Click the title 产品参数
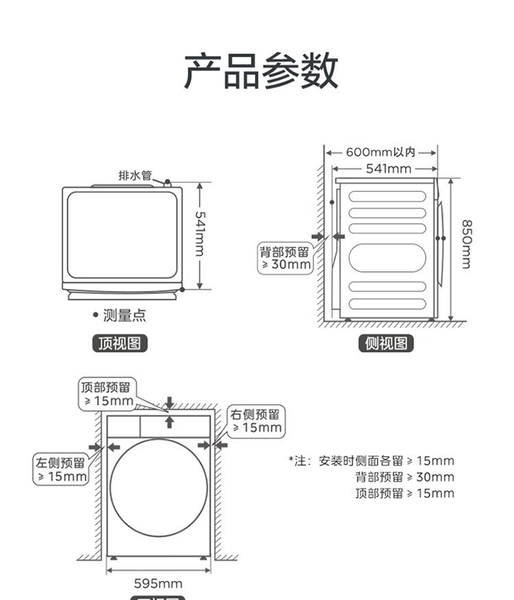point(260,70)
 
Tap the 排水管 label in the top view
point(135,175)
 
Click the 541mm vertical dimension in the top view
point(199,234)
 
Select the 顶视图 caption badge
point(120,343)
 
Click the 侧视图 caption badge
point(387,343)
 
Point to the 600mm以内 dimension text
point(380,152)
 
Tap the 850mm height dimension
point(466,244)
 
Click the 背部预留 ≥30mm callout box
point(284,258)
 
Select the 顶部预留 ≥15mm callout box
point(108,394)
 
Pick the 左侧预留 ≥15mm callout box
point(62,469)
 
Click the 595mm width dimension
point(158,584)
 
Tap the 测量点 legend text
point(124,315)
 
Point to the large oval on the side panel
point(387,259)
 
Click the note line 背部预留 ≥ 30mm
point(404,477)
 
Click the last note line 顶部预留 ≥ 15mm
point(404,494)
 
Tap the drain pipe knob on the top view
point(167,183)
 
